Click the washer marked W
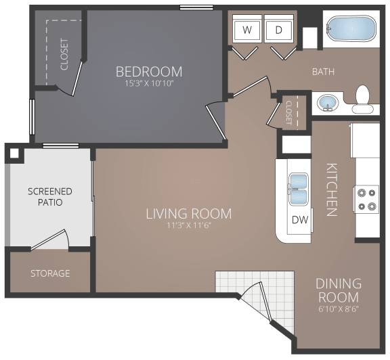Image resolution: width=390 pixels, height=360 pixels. tap(247, 28)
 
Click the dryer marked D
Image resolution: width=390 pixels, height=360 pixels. tap(279, 28)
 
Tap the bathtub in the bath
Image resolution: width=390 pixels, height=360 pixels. tap(351, 29)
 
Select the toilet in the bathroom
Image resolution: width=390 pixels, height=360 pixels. tap(362, 99)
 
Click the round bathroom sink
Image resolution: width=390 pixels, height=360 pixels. tap(328, 103)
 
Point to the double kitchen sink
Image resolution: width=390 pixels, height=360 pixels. tap(299, 189)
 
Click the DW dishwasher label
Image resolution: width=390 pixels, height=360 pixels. tap(300, 220)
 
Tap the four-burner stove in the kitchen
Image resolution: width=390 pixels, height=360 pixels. tap(366, 199)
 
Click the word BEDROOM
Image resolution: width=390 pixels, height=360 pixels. tap(149, 72)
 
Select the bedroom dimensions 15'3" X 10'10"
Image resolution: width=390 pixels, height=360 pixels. tap(149, 83)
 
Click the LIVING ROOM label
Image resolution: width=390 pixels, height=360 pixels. tap(188, 214)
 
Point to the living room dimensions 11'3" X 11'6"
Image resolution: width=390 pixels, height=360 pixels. tap(189, 225)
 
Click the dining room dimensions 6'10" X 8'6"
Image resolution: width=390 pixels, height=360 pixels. tap(339, 309)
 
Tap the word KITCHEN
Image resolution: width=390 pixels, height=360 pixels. tap(332, 189)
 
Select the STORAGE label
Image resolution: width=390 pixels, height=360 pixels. tap(50, 273)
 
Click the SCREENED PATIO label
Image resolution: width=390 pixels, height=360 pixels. tap(50, 197)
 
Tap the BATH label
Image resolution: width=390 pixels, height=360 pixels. tap(324, 72)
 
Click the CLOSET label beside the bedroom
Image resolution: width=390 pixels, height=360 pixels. tap(64, 54)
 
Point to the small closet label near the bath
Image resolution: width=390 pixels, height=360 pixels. tap(288, 112)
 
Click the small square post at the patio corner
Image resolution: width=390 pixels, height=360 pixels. tap(14, 154)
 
